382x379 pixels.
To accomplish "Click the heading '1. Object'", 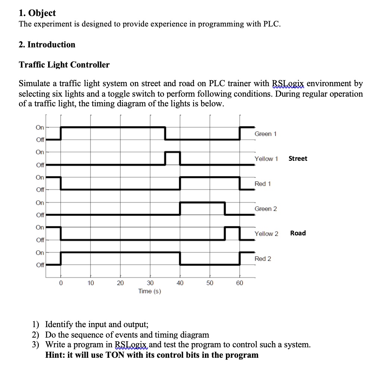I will point(37,13).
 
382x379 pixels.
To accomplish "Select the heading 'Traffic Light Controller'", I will point(64,65).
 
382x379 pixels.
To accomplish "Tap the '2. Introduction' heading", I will point(47,45).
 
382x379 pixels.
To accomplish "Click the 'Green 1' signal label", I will point(265,134).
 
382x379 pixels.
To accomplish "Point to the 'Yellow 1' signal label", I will point(266,159).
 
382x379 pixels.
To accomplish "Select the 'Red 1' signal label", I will point(263,184).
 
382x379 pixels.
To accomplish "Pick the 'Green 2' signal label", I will point(266,209).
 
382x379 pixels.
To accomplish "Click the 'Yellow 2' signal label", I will point(266,234).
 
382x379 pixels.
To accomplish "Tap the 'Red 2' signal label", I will point(263,259).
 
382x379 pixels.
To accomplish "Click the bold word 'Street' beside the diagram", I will point(298,159).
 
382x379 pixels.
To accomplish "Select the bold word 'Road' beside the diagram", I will point(298,233).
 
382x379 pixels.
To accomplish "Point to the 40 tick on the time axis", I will point(180,283).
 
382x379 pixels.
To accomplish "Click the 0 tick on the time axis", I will point(61,283).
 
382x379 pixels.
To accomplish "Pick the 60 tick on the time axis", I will point(239,283).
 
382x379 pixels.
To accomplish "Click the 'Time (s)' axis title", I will point(150,291).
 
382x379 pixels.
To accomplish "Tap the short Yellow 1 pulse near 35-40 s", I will point(173,152).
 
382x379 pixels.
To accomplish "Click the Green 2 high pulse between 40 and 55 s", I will point(202,203).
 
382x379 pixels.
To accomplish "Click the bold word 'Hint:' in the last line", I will point(55,355).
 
